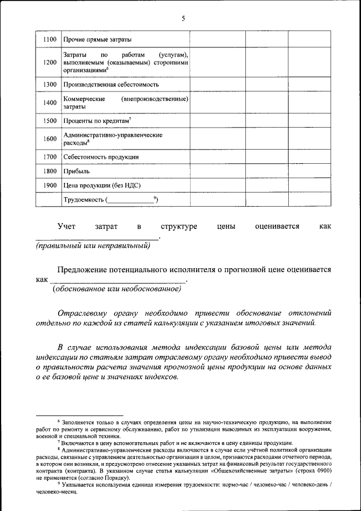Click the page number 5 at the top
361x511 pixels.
(183, 18)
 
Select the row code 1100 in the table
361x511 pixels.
(50, 40)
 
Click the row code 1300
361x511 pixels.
(50, 85)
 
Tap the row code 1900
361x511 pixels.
(50, 185)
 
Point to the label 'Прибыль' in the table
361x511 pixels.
(76, 171)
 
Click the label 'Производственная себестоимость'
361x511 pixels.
(111, 85)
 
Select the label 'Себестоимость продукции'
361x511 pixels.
(101, 156)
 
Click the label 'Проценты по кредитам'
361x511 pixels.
(97, 121)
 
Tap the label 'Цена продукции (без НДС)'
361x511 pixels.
(102, 185)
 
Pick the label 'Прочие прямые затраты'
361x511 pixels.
(98, 40)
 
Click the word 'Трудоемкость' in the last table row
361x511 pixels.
(83, 199)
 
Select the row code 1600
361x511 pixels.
(50, 139)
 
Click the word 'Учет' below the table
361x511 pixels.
(66, 226)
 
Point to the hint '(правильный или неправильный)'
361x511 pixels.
(93, 246)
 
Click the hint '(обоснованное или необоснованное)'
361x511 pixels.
(117, 289)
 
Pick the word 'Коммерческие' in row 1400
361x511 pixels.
(85, 99)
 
